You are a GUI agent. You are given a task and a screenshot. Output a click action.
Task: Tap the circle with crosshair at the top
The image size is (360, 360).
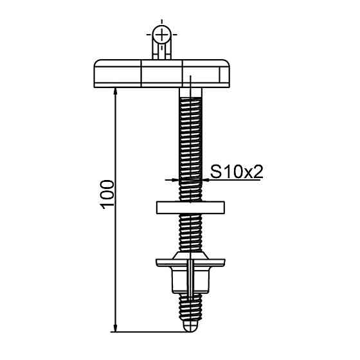(x=163, y=33)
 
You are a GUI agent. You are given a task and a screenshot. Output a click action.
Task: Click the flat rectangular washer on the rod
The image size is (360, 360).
(x=190, y=207)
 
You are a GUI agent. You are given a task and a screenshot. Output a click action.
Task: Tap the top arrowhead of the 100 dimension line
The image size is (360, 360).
(x=115, y=91)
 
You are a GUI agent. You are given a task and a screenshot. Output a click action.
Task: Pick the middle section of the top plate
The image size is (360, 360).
(x=162, y=73)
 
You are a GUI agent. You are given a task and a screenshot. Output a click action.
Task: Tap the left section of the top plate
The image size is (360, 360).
(x=118, y=73)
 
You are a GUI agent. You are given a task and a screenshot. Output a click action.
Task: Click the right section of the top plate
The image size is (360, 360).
(x=207, y=73)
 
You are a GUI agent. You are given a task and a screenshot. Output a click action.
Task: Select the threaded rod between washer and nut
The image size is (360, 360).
(x=190, y=235)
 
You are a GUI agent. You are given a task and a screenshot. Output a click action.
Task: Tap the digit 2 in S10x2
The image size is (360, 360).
(x=258, y=171)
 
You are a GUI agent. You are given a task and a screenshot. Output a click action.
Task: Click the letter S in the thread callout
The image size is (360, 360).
(x=216, y=171)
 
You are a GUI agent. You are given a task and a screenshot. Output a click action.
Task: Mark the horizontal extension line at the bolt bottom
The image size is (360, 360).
(x=148, y=332)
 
